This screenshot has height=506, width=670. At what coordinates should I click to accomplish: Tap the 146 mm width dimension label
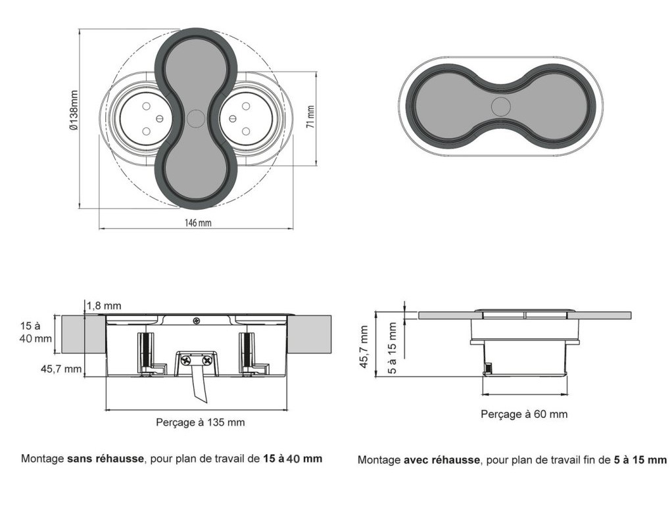pyautogui.click(x=197, y=223)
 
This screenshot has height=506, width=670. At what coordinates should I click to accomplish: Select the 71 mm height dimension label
pyautogui.click(x=310, y=116)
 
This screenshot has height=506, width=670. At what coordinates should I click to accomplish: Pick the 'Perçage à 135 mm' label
pyautogui.click(x=200, y=422)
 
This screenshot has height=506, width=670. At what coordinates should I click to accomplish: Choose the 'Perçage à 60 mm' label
pyautogui.click(x=524, y=414)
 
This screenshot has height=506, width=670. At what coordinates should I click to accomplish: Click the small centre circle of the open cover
pyautogui.click(x=195, y=118)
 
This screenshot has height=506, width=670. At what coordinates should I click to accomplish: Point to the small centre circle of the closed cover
pyautogui.click(x=500, y=106)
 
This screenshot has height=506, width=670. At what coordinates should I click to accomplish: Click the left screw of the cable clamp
pyautogui.click(x=187, y=360)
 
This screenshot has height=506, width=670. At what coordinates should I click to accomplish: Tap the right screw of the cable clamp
pyautogui.click(x=207, y=360)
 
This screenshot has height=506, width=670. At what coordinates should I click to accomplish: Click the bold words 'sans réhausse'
pyautogui.click(x=105, y=459)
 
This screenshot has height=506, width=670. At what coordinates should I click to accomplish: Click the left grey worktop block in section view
pyautogui.click(x=83, y=334)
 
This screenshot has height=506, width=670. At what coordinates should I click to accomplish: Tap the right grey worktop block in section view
pyautogui.click(x=309, y=334)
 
